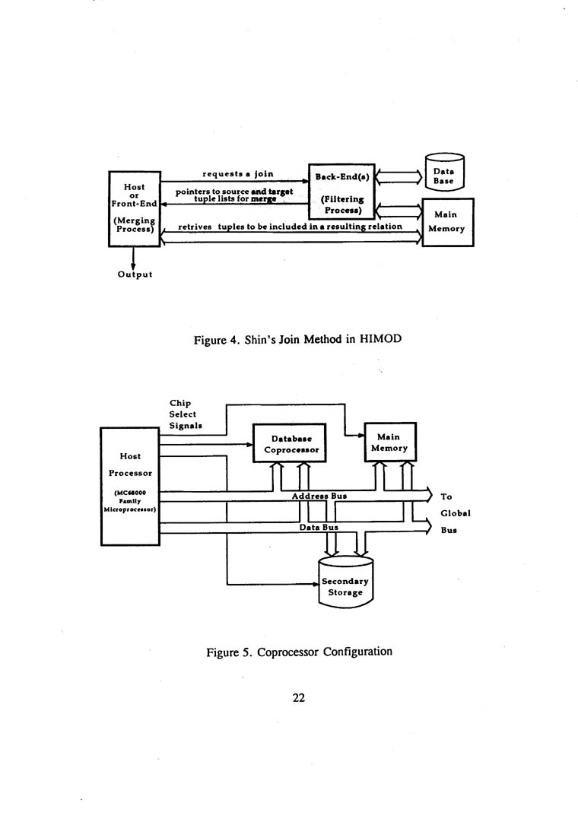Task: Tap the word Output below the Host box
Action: pyautogui.click(x=135, y=274)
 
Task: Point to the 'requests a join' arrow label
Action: pyautogui.click(x=238, y=174)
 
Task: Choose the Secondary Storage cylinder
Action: pyautogui.click(x=345, y=585)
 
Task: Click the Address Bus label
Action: pyautogui.click(x=319, y=495)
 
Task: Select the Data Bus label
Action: pyautogui.click(x=319, y=526)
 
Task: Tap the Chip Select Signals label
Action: pyautogui.click(x=183, y=414)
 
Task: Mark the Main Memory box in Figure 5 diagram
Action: pyautogui.click(x=389, y=443)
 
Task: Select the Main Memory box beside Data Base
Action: pyautogui.click(x=447, y=222)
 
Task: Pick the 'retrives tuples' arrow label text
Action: pyautogui.click(x=290, y=227)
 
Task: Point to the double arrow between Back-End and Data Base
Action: pyautogui.click(x=398, y=177)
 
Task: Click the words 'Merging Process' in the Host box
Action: pyautogui.click(x=134, y=225)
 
